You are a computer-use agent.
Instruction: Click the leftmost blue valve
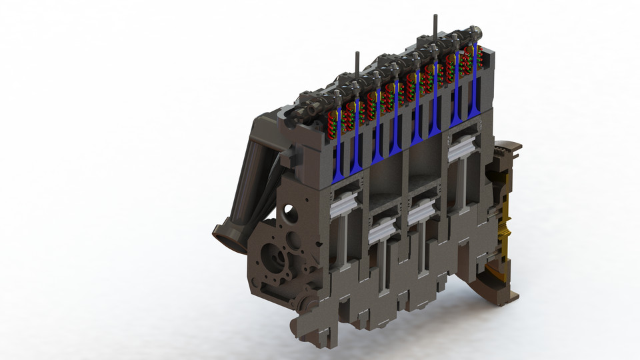tap(338, 150)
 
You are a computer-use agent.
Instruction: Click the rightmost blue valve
tap(475, 93)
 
